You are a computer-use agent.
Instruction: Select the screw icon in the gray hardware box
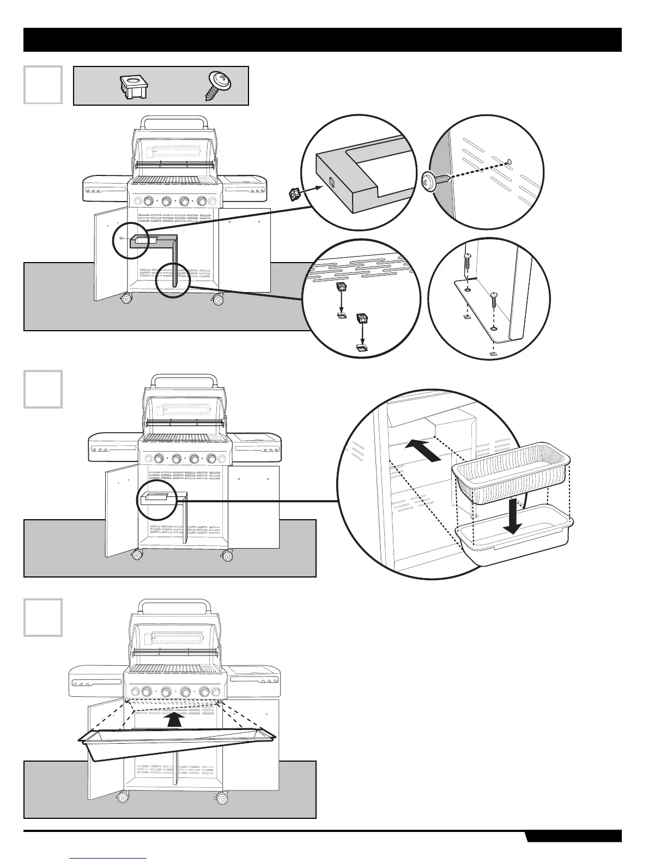(x=219, y=86)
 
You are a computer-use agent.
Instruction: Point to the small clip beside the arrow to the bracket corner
(x=294, y=192)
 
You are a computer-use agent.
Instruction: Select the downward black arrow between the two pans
(x=512, y=514)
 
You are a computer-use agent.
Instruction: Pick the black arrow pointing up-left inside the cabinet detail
(x=422, y=452)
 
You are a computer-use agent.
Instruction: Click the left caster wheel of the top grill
(x=127, y=299)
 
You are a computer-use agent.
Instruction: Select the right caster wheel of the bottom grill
(x=222, y=799)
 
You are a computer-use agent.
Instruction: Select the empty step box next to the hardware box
(x=43, y=84)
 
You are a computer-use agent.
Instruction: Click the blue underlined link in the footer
(x=108, y=858)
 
